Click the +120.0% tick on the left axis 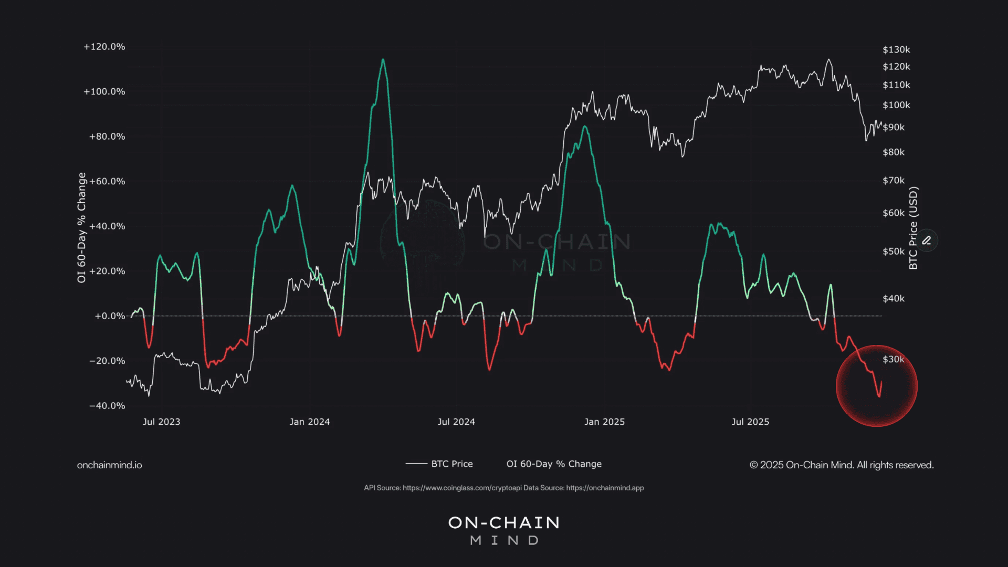tap(104, 47)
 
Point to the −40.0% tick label tap(107, 406)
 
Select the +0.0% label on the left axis tap(110, 316)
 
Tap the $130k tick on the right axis tap(896, 49)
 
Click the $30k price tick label tap(894, 360)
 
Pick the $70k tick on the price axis tap(894, 181)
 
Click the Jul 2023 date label tap(161, 422)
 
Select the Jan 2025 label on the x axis tap(604, 422)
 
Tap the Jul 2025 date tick tap(750, 422)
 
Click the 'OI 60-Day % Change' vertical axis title tap(81, 227)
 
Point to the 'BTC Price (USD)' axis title tap(913, 228)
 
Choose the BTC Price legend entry tap(440, 464)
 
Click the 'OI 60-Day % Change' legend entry tap(554, 464)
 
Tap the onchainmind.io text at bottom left tap(109, 465)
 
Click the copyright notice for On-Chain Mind tap(842, 465)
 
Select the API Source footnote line tap(503, 488)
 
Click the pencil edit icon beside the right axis tap(927, 240)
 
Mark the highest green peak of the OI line tap(383, 59)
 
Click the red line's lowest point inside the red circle tap(879, 396)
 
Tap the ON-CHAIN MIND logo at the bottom tap(504, 530)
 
